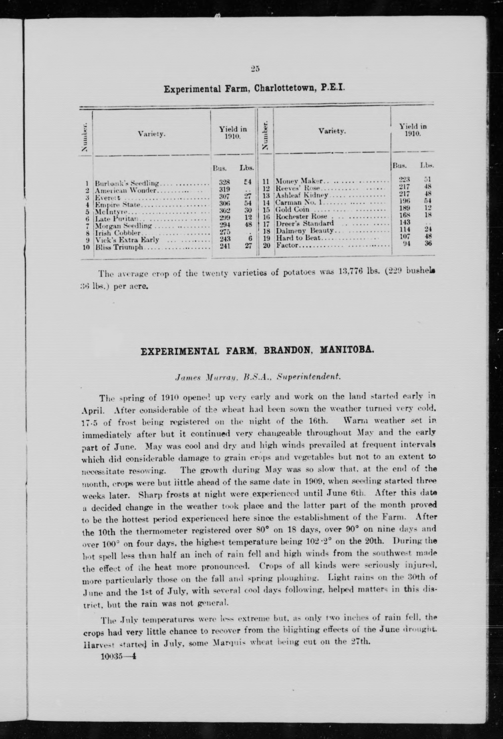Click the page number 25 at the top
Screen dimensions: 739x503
pyautogui.click(x=255, y=69)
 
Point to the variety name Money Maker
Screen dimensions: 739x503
pyautogui.click(x=299, y=181)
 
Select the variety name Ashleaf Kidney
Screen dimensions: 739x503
pyautogui.click(x=302, y=195)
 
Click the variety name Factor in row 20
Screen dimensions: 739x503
pyautogui.click(x=287, y=245)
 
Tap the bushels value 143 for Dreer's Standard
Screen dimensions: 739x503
pyautogui.click(x=405, y=222)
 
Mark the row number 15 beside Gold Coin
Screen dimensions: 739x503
pyautogui.click(x=266, y=210)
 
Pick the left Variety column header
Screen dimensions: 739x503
pyautogui.click(x=152, y=134)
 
